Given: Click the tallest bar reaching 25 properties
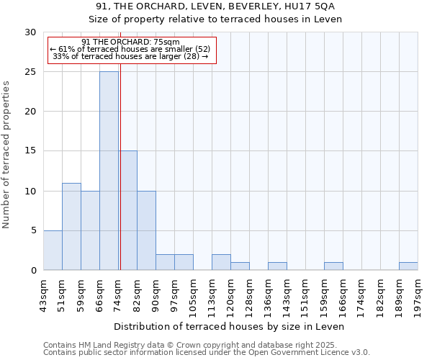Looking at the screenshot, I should coord(109,171).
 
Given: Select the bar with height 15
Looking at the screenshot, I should coord(127,210).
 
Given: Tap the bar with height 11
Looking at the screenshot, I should coord(71,226).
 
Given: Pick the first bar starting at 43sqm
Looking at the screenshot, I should coord(53,250).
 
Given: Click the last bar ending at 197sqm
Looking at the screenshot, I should coord(408,266).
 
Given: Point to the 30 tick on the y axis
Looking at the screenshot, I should coord(32,32).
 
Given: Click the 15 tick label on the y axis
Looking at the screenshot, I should coord(32,151).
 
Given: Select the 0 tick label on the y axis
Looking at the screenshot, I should coord(35,270).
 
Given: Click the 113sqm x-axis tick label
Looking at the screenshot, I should coord(212,293).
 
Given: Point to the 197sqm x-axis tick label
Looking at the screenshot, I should coord(418,293).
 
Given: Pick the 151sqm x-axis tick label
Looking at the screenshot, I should coord(305,293).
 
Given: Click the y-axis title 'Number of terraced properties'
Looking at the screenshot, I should coord(7,154).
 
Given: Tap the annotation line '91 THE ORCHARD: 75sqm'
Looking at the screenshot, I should coord(130,42).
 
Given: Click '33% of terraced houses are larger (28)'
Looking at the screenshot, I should coord(130,56).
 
